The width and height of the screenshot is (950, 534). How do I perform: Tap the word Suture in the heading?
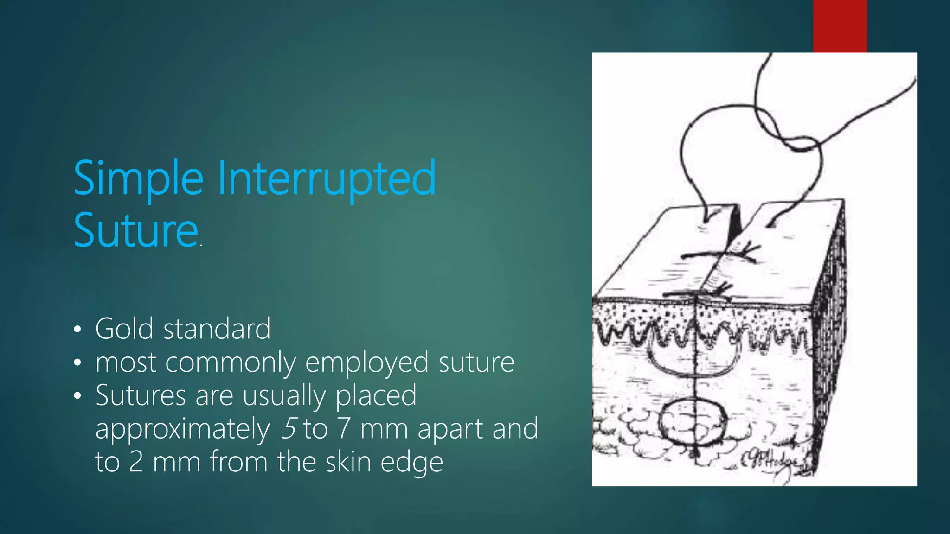136,230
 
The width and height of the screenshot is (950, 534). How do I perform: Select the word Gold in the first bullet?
124,329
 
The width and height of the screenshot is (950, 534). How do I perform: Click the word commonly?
231,362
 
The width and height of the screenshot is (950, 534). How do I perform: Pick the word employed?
367,362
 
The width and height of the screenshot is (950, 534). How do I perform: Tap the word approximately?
183,429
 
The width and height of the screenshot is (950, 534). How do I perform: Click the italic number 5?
289,428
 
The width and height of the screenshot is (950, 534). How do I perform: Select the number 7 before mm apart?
343,428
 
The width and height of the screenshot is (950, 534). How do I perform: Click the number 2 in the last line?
135,462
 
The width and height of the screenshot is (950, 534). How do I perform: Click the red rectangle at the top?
840,26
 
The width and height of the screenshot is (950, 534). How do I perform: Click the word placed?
376,396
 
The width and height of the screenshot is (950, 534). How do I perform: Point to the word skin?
348,462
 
